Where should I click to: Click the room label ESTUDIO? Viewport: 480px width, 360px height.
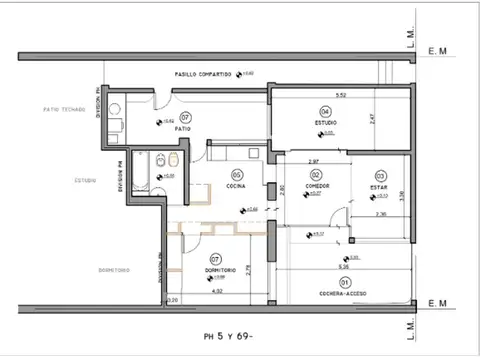pyautogui.click(x=325, y=122)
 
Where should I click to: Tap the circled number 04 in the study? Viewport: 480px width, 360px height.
pyautogui.click(x=325, y=110)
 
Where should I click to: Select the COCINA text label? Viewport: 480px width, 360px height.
pyautogui.click(x=236, y=187)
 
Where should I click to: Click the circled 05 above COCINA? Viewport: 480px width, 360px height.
pyautogui.click(x=237, y=175)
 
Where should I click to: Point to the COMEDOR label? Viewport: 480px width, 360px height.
pyautogui.click(x=318, y=186)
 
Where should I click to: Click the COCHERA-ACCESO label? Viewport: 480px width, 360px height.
pyautogui.click(x=344, y=294)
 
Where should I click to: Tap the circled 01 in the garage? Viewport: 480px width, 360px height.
pyautogui.click(x=344, y=282)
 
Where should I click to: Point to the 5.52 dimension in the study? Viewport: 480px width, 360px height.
pyautogui.click(x=340, y=95)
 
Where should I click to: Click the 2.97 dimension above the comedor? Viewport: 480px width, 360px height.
pyautogui.click(x=313, y=161)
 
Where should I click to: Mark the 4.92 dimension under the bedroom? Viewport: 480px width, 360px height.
pyautogui.click(x=217, y=292)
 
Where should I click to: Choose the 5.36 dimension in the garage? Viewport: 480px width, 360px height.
pyautogui.click(x=343, y=267)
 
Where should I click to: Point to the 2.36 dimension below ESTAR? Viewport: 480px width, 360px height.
pyautogui.click(x=380, y=214)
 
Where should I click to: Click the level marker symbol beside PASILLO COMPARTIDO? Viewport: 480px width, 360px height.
pyautogui.click(x=240, y=75)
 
